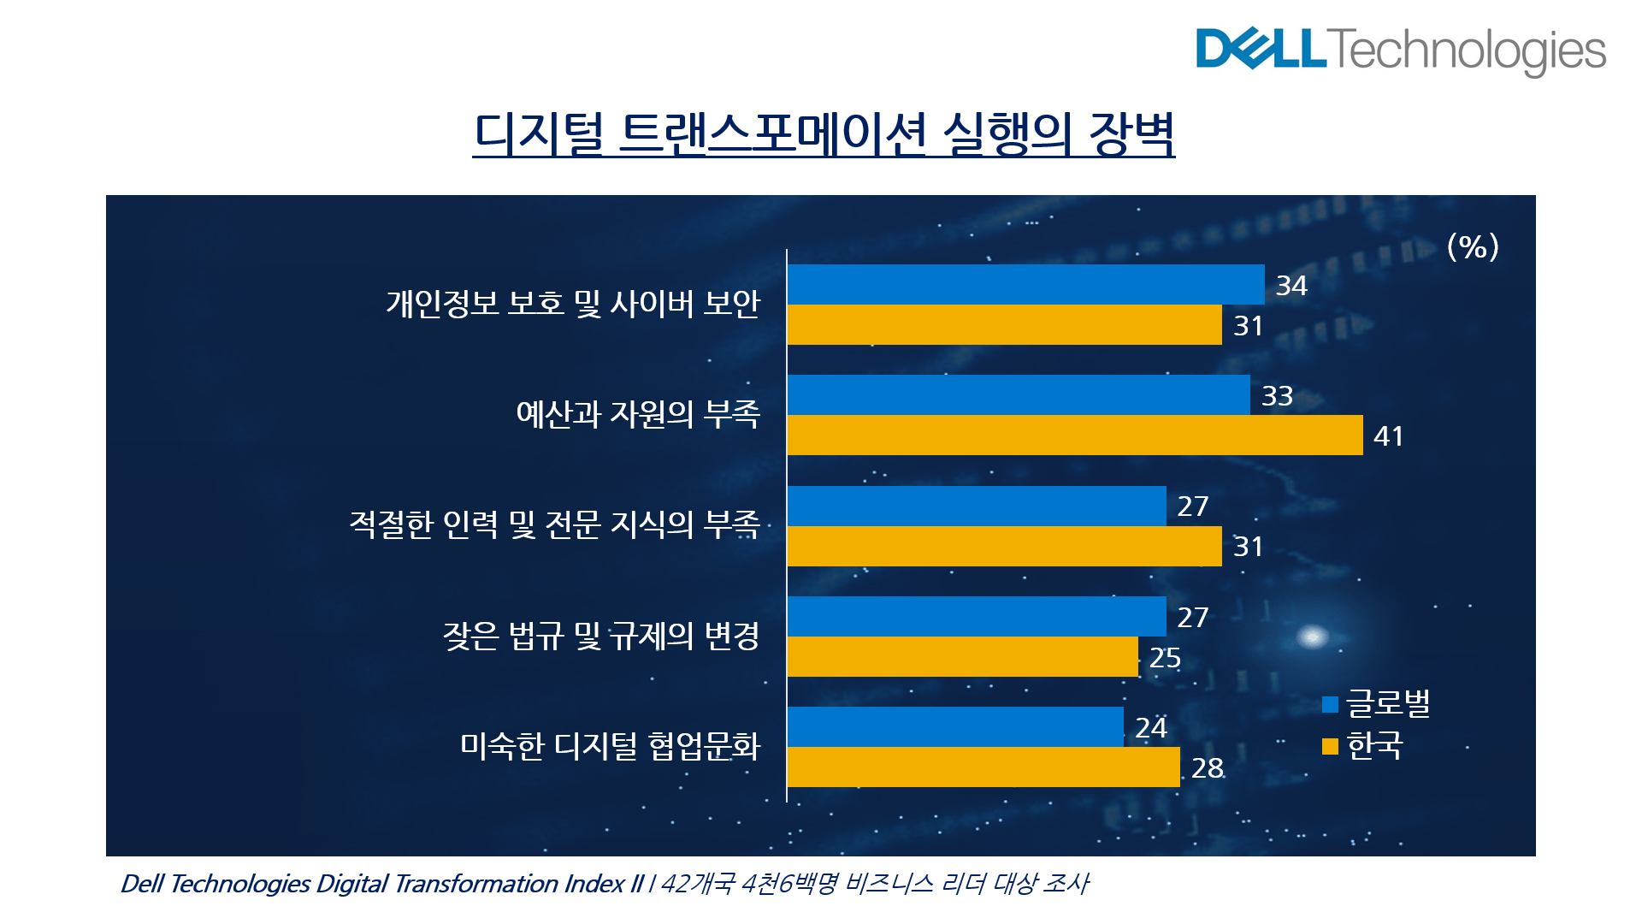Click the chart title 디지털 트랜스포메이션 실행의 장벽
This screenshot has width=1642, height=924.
point(824,134)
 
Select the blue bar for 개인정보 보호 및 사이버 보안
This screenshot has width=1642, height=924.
point(1025,284)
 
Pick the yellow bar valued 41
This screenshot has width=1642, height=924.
point(1074,435)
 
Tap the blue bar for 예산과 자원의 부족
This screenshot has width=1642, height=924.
point(1018,394)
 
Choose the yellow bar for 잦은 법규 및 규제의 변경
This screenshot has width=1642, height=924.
point(962,657)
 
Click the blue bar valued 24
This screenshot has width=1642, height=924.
point(954,726)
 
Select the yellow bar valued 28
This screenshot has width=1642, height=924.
point(983,767)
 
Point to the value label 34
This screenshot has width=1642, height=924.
point(1291,286)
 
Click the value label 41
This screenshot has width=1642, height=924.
point(1388,436)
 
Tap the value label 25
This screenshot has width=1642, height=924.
point(1165,658)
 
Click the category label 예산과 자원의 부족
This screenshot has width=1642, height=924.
point(638,414)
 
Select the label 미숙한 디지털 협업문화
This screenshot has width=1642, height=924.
point(610,746)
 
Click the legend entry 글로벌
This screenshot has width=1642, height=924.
point(1376,704)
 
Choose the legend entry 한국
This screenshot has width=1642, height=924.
point(1363,746)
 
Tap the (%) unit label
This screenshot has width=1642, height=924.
point(1472,247)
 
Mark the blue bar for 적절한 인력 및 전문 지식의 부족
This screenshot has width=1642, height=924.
point(976,506)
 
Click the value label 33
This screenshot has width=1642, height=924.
point(1277,396)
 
